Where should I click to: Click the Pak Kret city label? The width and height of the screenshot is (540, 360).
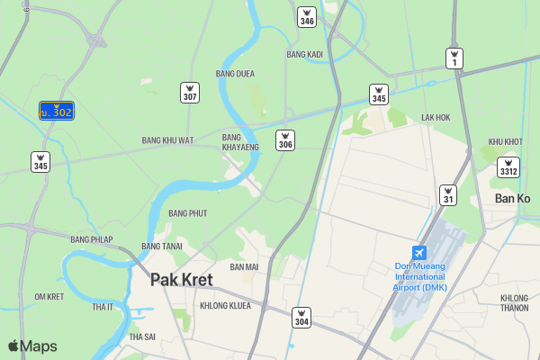pos(181,280)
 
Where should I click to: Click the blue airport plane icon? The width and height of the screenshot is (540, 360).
pos(418,253)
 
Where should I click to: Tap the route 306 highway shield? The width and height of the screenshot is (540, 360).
pos(285,140)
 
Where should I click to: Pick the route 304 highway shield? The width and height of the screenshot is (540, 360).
pos(301,318)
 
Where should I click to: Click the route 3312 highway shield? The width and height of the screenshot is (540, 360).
pos(508,167)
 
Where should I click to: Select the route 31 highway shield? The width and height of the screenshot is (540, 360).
pos(447,194)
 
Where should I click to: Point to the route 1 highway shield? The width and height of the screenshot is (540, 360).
pos(455,58)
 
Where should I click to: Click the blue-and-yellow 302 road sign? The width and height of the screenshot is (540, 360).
pos(56,111)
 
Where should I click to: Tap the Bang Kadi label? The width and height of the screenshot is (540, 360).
pos(304,55)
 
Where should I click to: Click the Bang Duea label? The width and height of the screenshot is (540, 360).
pos(235,74)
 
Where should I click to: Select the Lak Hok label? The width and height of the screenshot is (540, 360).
pos(436,118)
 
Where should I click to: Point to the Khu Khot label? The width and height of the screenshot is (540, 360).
pos(505,142)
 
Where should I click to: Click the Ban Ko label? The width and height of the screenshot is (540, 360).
pos(513,199)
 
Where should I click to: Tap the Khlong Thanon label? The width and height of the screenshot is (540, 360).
pos(514,302)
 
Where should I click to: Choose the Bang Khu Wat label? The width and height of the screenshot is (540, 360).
pos(167,140)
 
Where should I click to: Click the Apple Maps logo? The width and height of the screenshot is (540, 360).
pos(32,346)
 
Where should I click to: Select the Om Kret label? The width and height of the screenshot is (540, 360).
pos(49,297)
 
